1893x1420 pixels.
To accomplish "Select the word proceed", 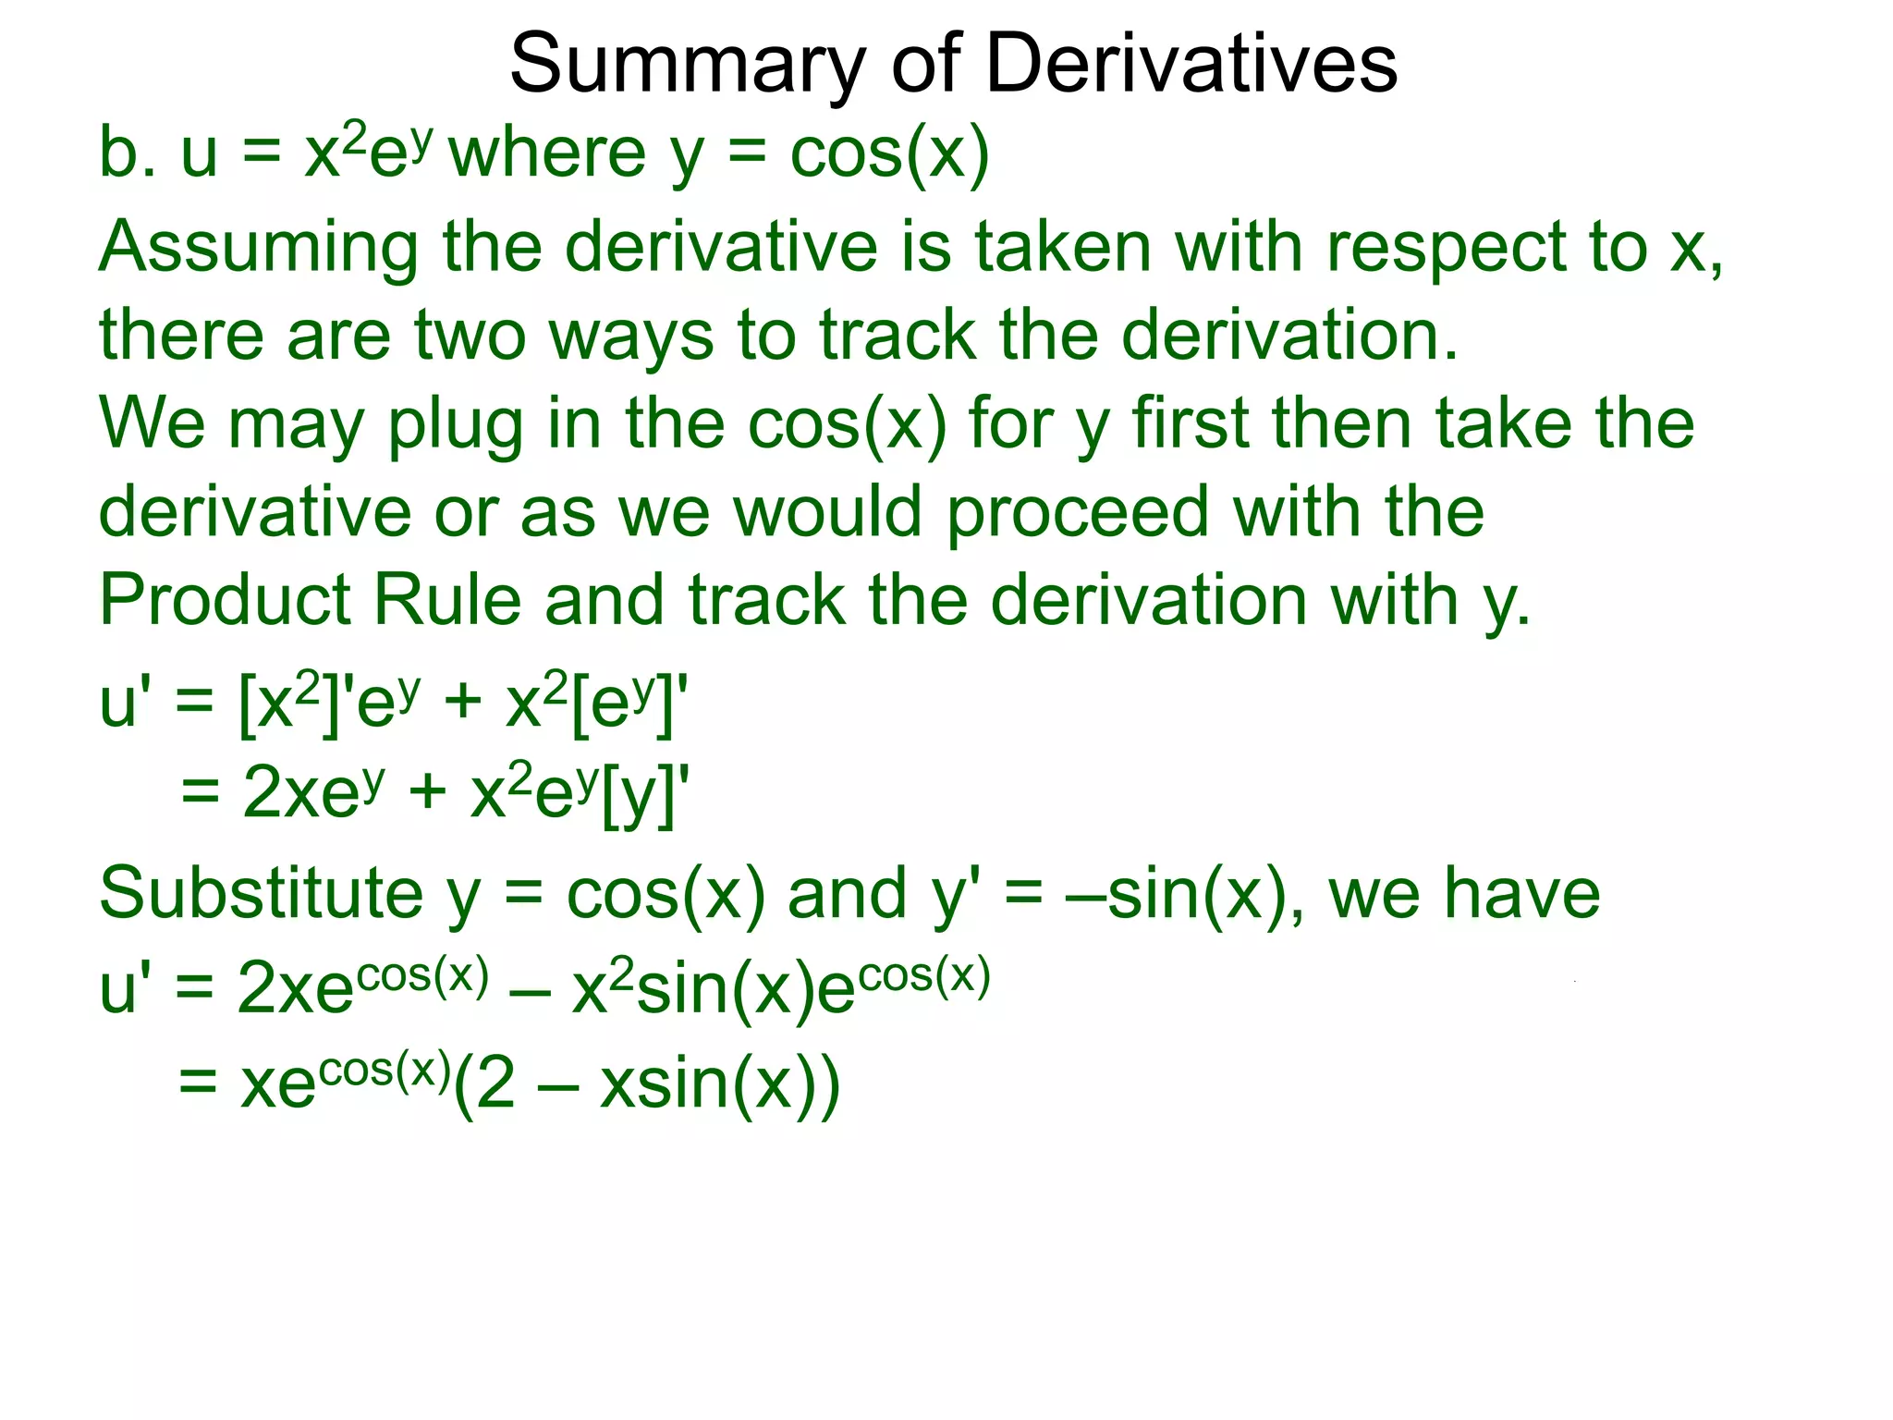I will point(1078,514).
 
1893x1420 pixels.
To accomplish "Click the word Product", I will point(225,601).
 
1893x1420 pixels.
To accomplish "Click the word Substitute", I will point(262,893).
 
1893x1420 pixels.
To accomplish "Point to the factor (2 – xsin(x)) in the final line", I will point(647,1083).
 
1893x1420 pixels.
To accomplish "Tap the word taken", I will point(1063,248).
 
